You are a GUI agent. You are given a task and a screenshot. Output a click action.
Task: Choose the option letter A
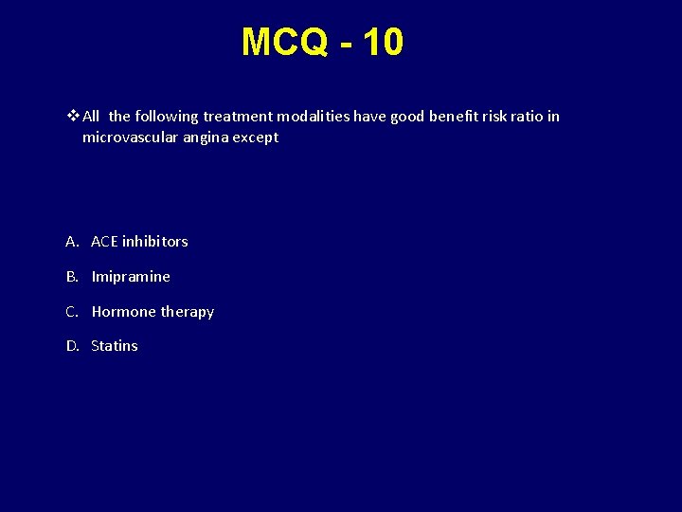click(x=71, y=242)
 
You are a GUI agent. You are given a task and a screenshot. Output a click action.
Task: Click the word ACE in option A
click(x=104, y=242)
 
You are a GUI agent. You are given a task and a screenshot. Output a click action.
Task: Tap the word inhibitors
click(x=155, y=242)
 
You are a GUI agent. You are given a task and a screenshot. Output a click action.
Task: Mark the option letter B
click(x=71, y=277)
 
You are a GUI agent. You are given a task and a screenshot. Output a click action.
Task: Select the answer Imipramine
click(x=131, y=277)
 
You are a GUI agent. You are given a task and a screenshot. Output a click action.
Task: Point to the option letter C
click(x=71, y=312)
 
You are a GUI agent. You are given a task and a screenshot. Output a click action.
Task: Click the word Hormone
click(x=123, y=312)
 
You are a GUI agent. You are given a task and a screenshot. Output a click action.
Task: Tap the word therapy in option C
click(x=187, y=312)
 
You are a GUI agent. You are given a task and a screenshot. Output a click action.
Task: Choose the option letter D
click(x=72, y=346)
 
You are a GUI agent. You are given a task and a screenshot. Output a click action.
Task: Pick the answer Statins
click(x=115, y=346)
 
